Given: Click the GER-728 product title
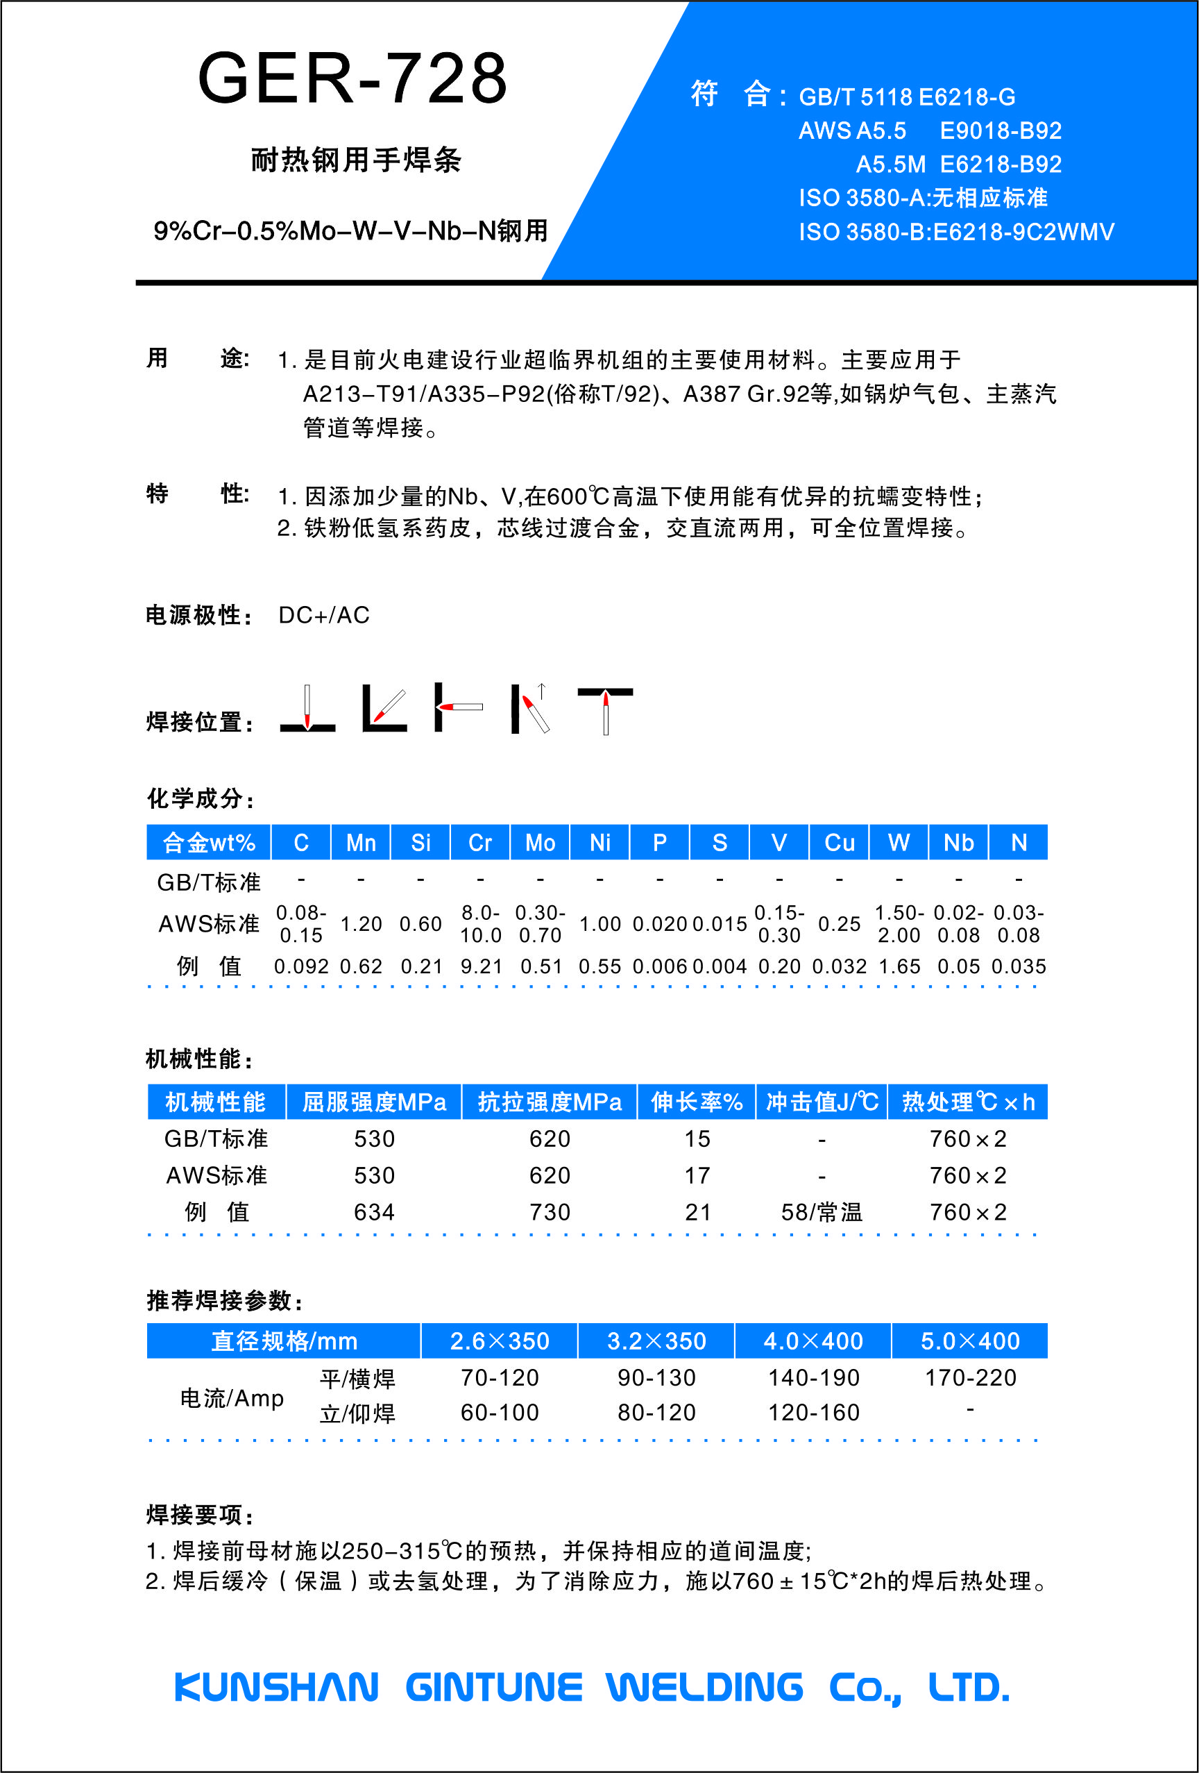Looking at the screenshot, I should pos(352,78).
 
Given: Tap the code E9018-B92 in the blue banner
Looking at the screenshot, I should pos(1001,131).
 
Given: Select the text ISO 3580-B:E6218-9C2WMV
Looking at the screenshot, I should pos(956,232).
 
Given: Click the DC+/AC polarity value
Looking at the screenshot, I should pos(324,615).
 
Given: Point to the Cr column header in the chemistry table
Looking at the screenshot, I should pos(479,842).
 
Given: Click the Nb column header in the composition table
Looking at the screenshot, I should pos(958,842).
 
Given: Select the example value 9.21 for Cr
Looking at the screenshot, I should pos(482,966).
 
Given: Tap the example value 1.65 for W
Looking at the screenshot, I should pos(899,966).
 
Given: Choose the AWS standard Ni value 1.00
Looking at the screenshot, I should pos(600,924).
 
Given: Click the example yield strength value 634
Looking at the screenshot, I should pos(375,1212).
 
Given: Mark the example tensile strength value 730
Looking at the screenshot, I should pos(550,1212).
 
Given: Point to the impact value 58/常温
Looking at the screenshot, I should pos(822,1212).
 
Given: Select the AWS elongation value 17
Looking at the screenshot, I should pos(697,1176).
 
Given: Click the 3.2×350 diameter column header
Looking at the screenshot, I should pos(656,1341).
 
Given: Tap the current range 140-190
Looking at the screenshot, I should pos(814,1378).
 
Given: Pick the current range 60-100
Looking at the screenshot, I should pos(500,1413).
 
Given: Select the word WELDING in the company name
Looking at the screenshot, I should pos(705,1688).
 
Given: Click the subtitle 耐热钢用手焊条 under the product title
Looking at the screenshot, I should pos(356,160).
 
